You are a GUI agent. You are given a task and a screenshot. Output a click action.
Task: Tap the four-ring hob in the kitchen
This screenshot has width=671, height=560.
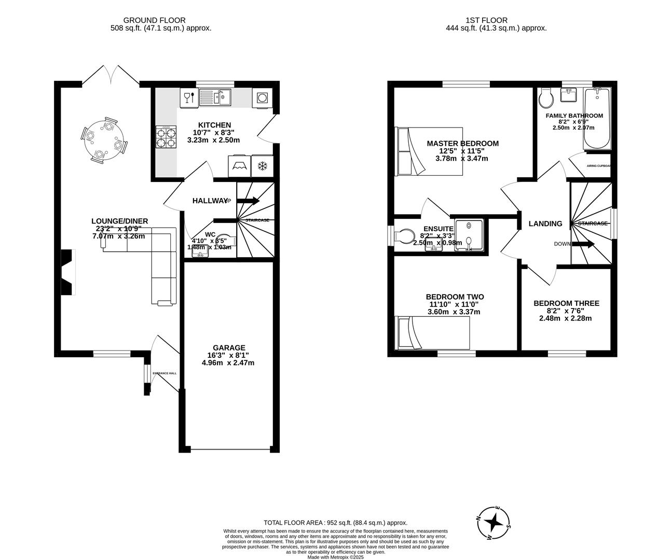[166, 137]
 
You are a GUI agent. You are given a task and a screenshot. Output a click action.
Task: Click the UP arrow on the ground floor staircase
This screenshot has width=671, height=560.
[249, 201]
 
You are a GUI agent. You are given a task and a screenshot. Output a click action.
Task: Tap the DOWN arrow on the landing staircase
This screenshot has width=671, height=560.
[583, 244]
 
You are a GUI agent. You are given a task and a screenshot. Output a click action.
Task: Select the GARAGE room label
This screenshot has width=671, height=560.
[229, 348]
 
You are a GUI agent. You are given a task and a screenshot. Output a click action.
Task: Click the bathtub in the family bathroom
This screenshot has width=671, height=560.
[598, 119]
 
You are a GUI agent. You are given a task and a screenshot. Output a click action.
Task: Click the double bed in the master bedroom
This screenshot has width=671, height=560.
[428, 151]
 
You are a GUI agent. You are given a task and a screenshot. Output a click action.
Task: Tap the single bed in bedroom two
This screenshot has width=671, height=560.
[433, 332]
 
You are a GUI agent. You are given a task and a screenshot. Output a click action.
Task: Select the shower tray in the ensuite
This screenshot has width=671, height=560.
[470, 235]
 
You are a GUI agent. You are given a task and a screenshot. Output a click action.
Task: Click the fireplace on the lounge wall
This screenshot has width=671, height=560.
[67, 272]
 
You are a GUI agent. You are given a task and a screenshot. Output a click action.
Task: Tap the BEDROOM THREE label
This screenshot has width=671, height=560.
[566, 303]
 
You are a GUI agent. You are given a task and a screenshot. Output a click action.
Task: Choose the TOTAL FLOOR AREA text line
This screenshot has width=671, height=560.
[335, 523]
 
